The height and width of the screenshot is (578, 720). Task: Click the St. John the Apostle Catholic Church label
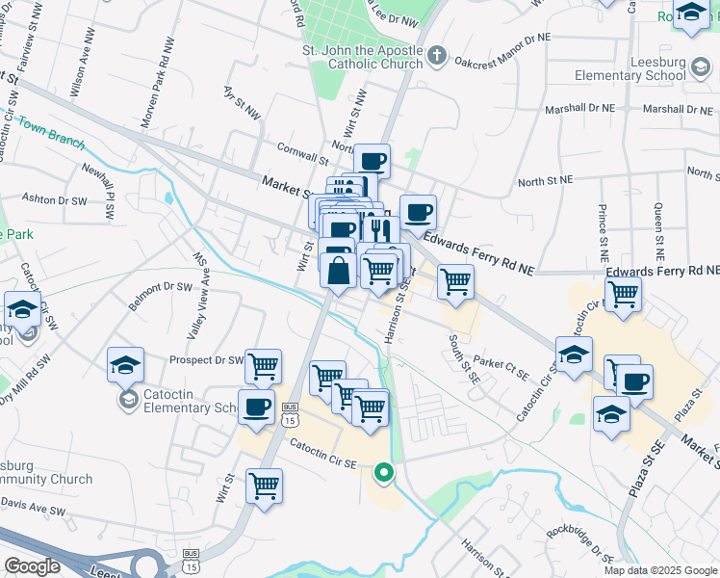[362, 57]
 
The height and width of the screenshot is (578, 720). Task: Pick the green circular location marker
[384, 472]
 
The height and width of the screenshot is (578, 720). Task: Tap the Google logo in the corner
[32, 566]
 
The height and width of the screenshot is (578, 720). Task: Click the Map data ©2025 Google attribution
[661, 570]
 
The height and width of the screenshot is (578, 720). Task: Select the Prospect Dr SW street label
[206, 359]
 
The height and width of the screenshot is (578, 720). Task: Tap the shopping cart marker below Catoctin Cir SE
[264, 485]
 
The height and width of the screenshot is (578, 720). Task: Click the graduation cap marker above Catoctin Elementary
[125, 364]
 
